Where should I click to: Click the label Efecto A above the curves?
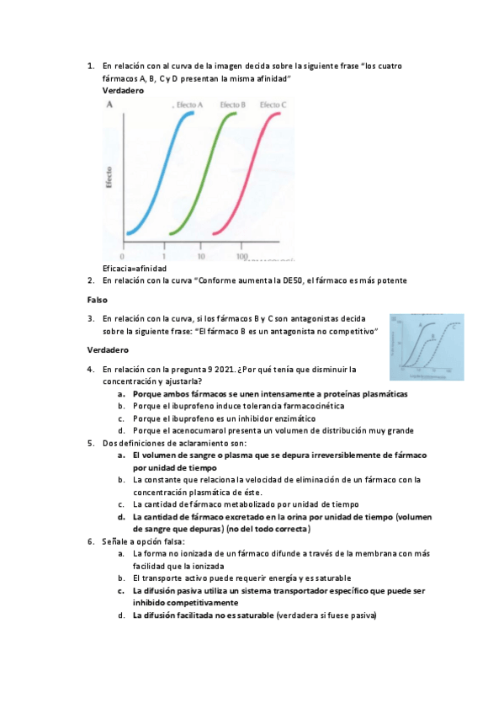(x=190, y=104)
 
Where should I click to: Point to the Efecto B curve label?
(x=232, y=104)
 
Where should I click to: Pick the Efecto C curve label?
(x=273, y=104)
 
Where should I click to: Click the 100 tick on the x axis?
(x=241, y=256)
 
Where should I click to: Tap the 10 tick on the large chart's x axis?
(x=200, y=256)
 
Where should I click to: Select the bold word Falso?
(x=98, y=300)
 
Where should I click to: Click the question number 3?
(x=90, y=319)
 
